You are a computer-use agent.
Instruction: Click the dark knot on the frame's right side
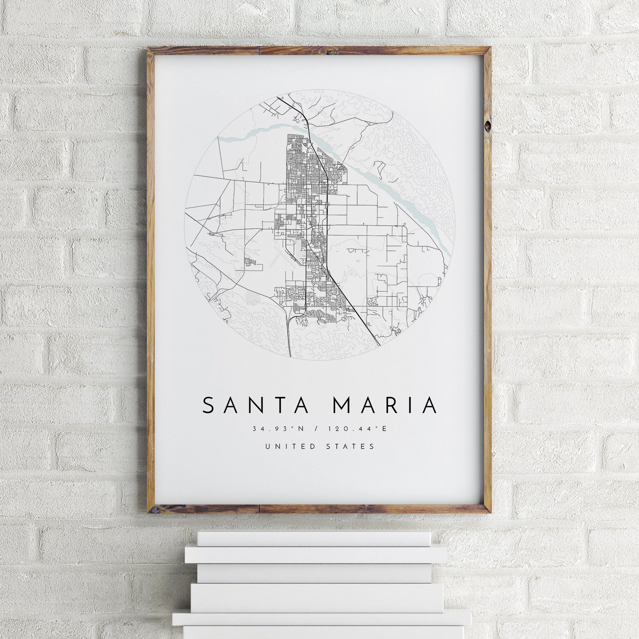pos(488,126)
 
